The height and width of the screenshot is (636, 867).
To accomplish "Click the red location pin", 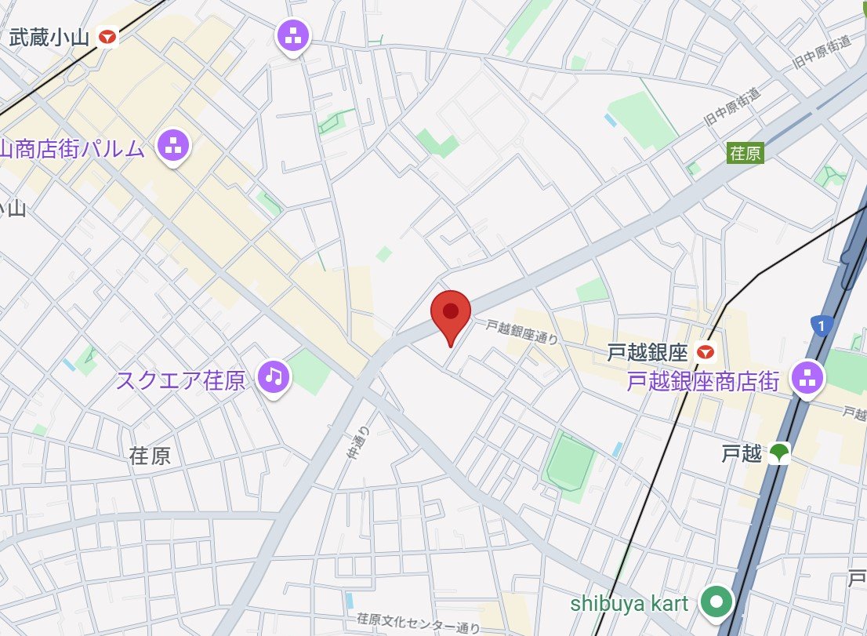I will coord(450,313).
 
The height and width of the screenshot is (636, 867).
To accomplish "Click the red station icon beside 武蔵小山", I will coord(107,36).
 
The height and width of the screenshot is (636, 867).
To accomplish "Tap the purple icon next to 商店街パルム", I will coord(173,145).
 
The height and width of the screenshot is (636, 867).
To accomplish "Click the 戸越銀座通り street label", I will coord(521,333).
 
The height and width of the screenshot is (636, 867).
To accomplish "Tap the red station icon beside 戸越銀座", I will coord(708,353).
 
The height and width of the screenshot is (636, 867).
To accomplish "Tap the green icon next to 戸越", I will coord(779,452).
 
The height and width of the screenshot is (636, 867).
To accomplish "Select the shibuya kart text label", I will coord(629,603).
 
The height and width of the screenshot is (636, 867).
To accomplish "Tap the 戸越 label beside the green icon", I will coord(741,453).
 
